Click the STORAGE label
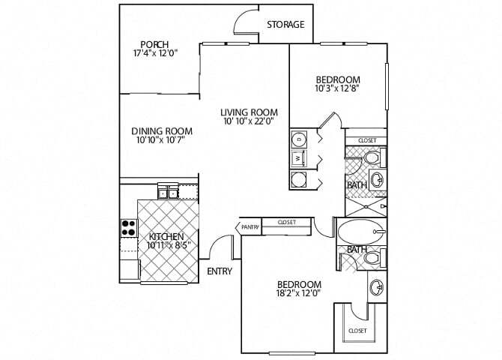pos(285,25)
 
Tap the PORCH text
pos(151,43)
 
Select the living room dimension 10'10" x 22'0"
pos(248,121)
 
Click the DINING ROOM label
pos(158,130)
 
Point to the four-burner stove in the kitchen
pos(128,226)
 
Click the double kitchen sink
pos(168,193)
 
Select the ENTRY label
pos(219,271)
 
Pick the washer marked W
pos(298,159)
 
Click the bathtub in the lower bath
pos(360,232)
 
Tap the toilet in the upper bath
pos(372,158)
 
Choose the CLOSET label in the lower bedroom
pos(357,330)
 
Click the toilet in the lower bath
pos(370,258)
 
